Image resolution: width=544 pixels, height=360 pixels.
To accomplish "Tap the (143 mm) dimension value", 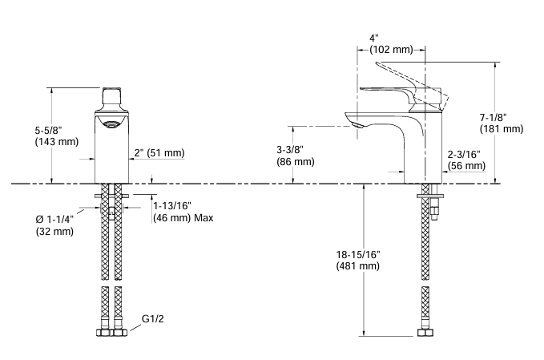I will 57,142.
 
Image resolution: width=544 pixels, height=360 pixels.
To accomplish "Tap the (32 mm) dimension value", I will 54,232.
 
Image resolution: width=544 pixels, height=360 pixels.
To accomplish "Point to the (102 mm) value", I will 390,50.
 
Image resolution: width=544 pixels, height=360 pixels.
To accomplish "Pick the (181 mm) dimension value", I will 502,128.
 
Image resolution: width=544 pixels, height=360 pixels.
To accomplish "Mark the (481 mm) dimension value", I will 357,266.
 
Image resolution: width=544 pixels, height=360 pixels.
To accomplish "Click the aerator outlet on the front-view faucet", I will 111,123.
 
